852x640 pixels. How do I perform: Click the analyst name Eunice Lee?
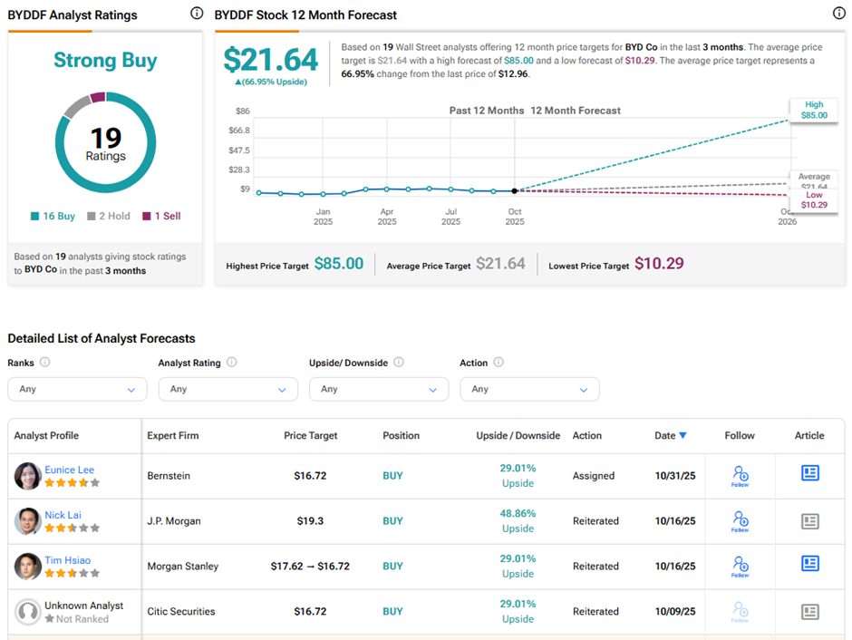(x=69, y=470)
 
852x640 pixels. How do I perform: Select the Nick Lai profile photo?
(x=28, y=521)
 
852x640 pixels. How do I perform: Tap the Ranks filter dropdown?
(x=77, y=389)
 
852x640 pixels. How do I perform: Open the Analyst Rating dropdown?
(x=228, y=389)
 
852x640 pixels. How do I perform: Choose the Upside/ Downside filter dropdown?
(x=378, y=389)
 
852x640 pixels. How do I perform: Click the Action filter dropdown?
(x=529, y=389)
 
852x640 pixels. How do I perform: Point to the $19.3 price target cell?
(x=310, y=521)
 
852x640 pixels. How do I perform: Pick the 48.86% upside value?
(x=518, y=513)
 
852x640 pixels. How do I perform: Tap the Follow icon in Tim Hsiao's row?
(x=741, y=566)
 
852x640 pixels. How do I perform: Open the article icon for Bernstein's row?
(x=809, y=473)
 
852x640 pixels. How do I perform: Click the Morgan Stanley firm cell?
(x=182, y=567)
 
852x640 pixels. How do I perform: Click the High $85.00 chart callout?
(x=814, y=111)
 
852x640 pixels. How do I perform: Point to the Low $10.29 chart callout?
(x=814, y=199)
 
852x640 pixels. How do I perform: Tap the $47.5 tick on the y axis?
(x=239, y=150)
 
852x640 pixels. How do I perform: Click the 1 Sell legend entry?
(x=161, y=217)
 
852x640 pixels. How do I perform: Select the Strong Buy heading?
(x=105, y=61)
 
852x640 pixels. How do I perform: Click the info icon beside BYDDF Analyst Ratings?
(x=197, y=14)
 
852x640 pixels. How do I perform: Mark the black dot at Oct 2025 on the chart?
(x=515, y=190)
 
